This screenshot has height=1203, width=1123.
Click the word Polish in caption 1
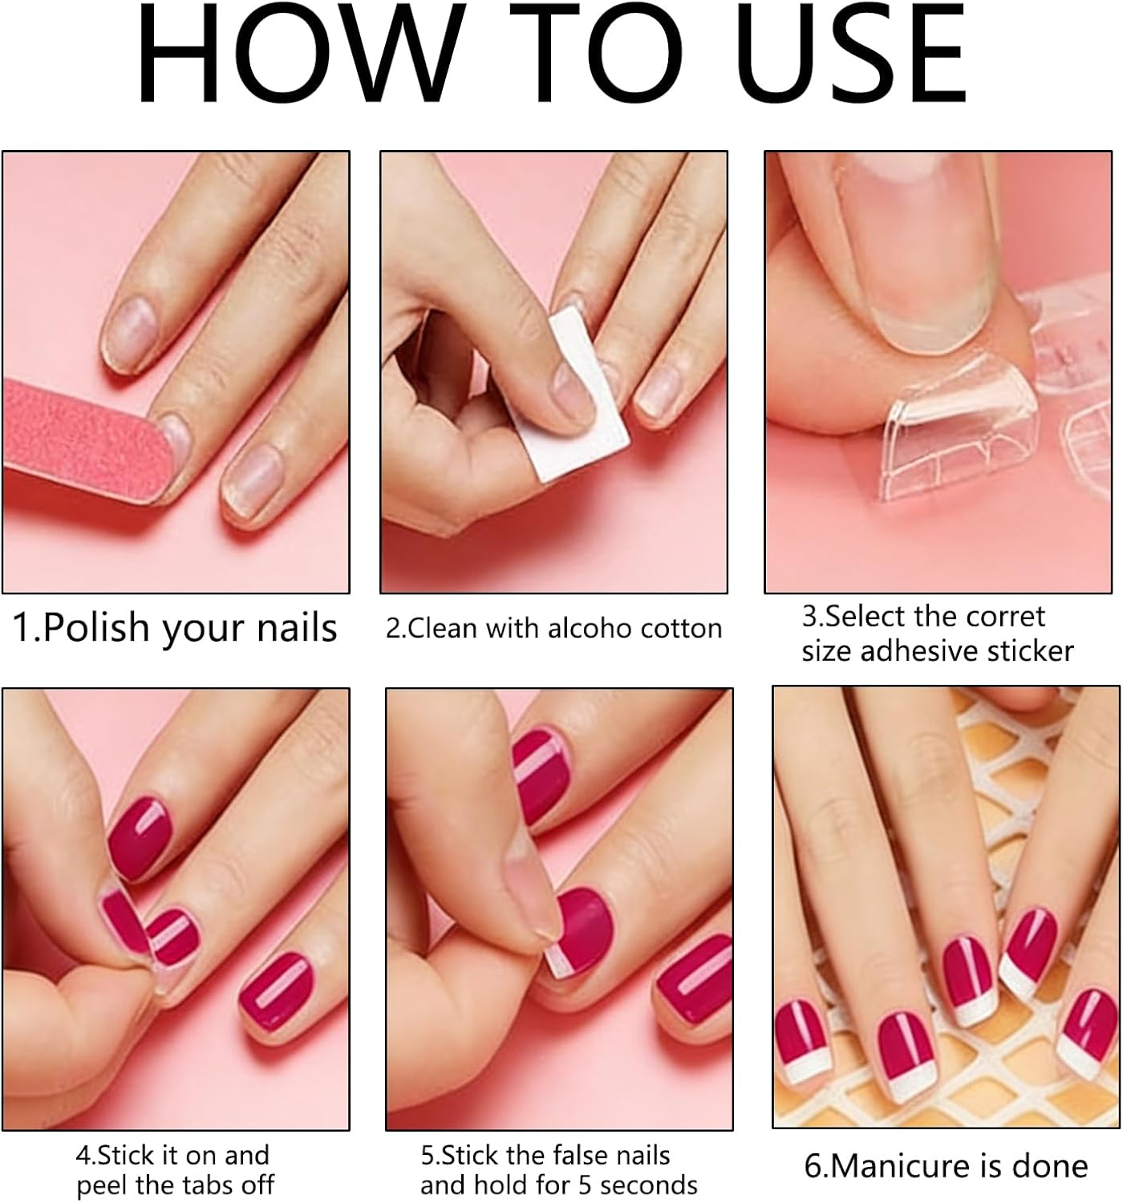tap(96, 628)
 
